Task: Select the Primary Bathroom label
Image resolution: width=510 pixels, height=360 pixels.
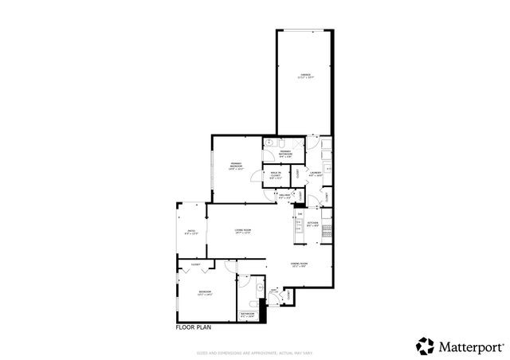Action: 285,154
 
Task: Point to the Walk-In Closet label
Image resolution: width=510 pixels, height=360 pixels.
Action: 275,177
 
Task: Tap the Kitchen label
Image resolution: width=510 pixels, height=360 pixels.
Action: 313,224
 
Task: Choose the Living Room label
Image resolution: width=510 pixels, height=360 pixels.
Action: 243,232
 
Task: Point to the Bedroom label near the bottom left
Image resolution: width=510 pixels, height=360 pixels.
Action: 206,293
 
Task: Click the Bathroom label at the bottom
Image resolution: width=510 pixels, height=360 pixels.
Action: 248,315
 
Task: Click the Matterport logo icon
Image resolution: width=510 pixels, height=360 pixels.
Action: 425,346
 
